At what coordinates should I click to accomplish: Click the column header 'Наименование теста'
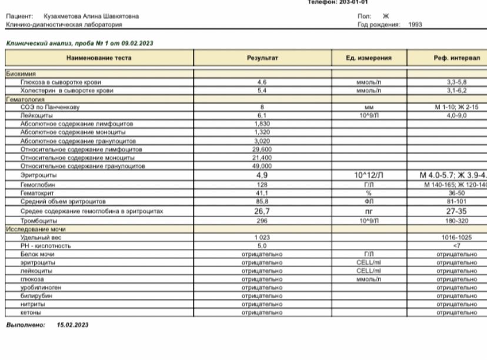(99, 58)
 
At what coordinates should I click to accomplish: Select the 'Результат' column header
(262, 58)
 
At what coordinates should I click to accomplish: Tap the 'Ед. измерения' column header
(369, 58)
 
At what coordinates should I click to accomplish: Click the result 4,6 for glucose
(262, 84)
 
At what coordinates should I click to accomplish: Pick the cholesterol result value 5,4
(262, 91)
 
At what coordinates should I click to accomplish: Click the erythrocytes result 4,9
(262, 175)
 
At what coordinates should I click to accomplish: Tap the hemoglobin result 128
(262, 185)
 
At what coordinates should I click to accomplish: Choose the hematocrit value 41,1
(262, 193)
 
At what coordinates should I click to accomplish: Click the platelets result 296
(262, 221)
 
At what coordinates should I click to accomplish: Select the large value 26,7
(262, 211)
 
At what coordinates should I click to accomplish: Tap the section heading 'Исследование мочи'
(36, 229)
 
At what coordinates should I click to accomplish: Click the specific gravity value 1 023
(262, 237)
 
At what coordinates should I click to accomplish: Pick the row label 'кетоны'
(30, 313)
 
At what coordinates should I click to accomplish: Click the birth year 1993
(415, 25)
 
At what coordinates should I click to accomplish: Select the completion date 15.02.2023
(72, 325)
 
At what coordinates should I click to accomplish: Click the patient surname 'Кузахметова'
(64, 18)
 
